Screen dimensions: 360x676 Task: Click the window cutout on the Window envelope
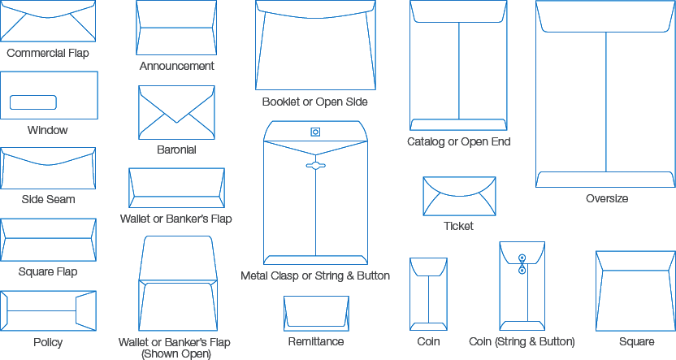[x=32, y=102]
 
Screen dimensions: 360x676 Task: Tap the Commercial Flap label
[x=48, y=54]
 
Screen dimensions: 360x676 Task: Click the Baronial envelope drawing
[x=176, y=112]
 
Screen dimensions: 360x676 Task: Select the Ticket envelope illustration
[x=459, y=196]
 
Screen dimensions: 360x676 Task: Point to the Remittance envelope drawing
[x=316, y=313]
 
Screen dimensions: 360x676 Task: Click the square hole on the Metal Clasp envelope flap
[x=315, y=132]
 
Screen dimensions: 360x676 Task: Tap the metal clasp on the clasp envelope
[x=315, y=166]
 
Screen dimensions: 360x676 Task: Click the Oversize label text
[x=606, y=199]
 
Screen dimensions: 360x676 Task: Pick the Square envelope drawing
[x=635, y=290]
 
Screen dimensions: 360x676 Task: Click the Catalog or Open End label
[x=459, y=142]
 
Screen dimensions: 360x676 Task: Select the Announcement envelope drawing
[x=176, y=27]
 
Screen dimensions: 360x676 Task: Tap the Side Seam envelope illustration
[x=48, y=168]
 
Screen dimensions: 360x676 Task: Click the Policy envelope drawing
[x=48, y=311]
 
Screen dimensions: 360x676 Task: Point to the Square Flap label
[x=48, y=271]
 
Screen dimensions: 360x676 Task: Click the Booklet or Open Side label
[x=315, y=102]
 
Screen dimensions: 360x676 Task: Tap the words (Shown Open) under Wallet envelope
[x=175, y=353]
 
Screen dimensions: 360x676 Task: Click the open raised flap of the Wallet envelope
[x=176, y=258]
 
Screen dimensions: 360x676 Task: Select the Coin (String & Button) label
[x=522, y=342]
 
